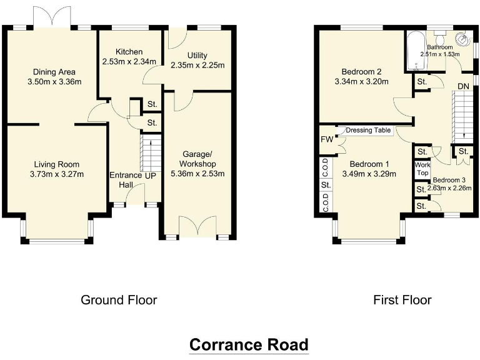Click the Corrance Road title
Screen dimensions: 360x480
(x=249, y=344)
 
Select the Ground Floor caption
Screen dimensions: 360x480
(x=119, y=300)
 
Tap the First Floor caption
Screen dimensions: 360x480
(x=402, y=300)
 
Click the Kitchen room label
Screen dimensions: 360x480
(x=122, y=52)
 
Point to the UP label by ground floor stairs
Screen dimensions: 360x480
(x=149, y=176)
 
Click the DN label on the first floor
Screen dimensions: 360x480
(x=463, y=86)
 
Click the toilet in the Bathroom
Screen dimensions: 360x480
(x=463, y=39)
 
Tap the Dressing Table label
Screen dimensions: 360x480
(x=368, y=131)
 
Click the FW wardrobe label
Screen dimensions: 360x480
(x=326, y=139)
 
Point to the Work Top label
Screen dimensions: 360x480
(x=422, y=169)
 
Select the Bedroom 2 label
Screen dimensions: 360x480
(x=353, y=71)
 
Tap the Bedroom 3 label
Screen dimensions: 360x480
(x=448, y=180)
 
